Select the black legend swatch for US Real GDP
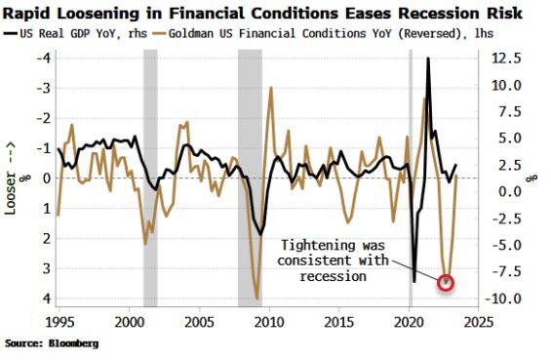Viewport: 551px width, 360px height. [x=10, y=33]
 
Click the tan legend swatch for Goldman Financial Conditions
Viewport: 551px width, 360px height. [x=159, y=33]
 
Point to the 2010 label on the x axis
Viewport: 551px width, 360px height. [x=269, y=322]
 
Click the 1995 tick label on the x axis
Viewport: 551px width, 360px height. [x=59, y=322]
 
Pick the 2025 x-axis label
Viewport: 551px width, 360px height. [x=479, y=322]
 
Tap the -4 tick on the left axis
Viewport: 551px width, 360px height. [x=44, y=58]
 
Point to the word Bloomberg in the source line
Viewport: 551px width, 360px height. [x=74, y=343]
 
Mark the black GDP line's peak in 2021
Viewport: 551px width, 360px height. [x=428, y=58]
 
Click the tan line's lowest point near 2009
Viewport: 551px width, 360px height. [x=257, y=299]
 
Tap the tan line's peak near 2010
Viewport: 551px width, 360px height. [x=271, y=87]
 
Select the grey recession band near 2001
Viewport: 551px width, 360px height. [x=150, y=178]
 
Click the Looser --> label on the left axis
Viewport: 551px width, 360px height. [x=10, y=179]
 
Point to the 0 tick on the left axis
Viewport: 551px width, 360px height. [x=48, y=179]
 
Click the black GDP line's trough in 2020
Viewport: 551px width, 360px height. [x=414, y=281]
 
